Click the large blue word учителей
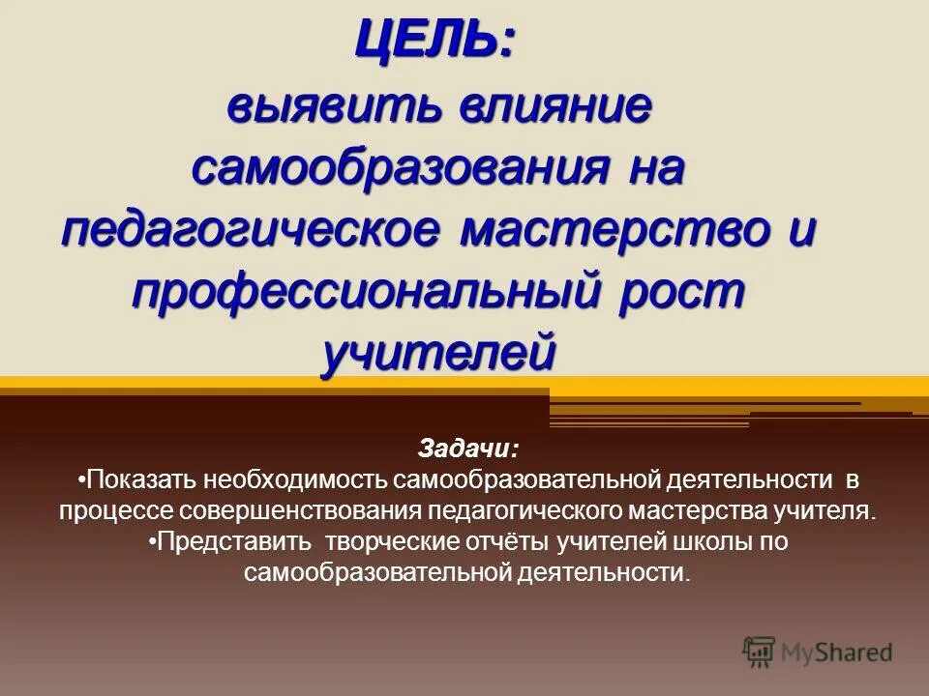(439, 353)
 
